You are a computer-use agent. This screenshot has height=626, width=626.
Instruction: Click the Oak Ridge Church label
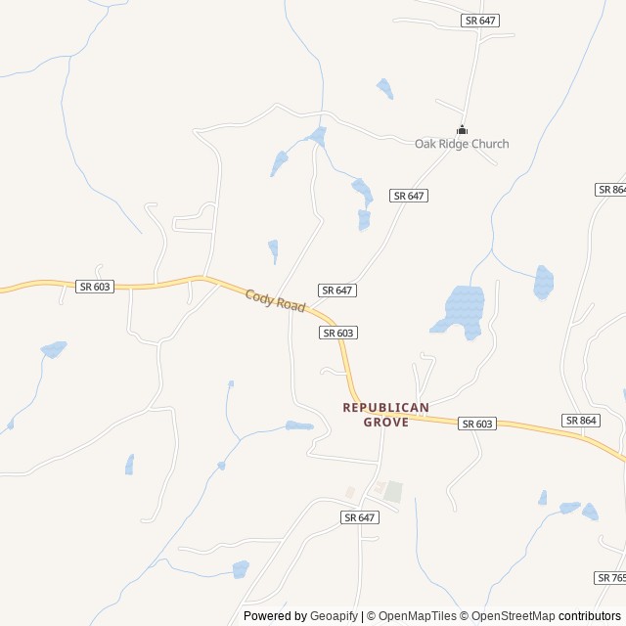pyautogui.click(x=462, y=144)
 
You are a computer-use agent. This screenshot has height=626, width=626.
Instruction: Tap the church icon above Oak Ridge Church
pyautogui.click(x=462, y=129)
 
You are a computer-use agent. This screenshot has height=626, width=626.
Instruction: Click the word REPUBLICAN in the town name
pyautogui.click(x=385, y=407)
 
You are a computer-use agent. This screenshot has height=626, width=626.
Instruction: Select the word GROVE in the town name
pyautogui.click(x=385, y=422)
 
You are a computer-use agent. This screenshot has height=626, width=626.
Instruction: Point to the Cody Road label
pyautogui.click(x=275, y=300)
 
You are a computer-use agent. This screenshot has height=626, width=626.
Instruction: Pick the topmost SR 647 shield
pyautogui.click(x=479, y=20)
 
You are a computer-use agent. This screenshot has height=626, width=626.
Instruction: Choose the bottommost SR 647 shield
pyautogui.click(x=360, y=516)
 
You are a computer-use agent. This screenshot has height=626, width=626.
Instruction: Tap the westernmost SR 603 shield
pyautogui.click(x=95, y=286)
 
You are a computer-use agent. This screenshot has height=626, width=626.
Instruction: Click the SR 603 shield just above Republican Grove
pyautogui.click(x=337, y=333)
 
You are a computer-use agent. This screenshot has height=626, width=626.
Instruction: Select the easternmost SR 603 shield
pyautogui.click(x=476, y=424)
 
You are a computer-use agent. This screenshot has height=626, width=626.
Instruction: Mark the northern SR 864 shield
pyautogui.click(x=611, y=189)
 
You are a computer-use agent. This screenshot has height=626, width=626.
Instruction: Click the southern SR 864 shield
pyautogui.click(x=580, y=420)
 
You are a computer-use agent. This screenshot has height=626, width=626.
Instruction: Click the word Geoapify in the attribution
pyautogui.click(x=335, y=616)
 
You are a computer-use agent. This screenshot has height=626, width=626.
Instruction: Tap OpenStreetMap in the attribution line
pyautogui.click(x=512, y=616)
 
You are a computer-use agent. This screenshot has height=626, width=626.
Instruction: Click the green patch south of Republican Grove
pyautogui.click(x=392, y=491)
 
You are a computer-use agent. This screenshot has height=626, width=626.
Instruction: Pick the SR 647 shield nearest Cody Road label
pyautogui.click(x=336, y=291)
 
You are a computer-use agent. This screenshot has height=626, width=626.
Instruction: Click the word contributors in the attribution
pyautogui.click(x=591, y=616)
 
